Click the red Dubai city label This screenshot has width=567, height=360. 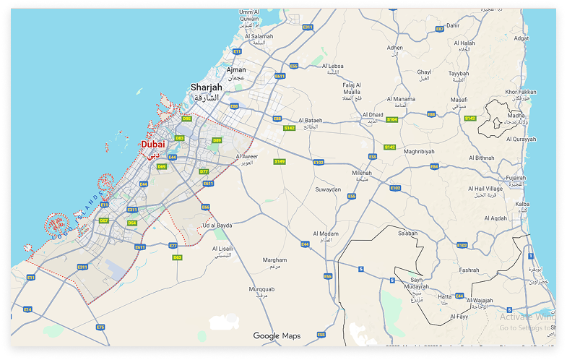click(152, 145)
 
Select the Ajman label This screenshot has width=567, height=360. click(236, 70)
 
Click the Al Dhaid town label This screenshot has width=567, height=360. click(373, 114)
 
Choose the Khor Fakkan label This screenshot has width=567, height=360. click(521, 92)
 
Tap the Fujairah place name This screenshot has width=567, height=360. click(516, 177)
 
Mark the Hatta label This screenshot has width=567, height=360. click(445, 296)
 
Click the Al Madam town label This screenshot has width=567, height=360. click(325, 233)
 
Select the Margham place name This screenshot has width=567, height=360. click(274, 260)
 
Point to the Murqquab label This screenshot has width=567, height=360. click(261, 289)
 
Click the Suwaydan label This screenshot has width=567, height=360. click(328, 189)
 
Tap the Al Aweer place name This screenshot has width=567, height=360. click(248, 156)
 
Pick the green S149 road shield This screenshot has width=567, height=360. click(280, 161)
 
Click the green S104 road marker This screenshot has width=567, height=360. click(392, 119)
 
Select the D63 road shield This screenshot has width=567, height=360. click(177, 257)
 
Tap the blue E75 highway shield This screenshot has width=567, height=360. click(100, 327)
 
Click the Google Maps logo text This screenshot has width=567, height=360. click(276, 335)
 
